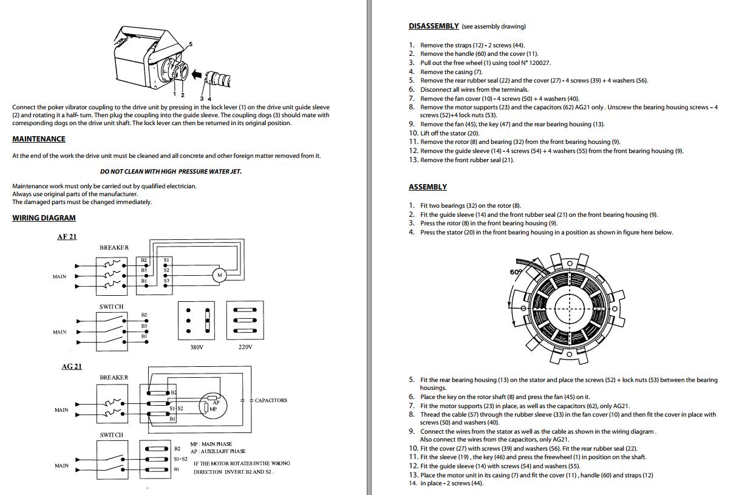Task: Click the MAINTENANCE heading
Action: click(x=39, y=139)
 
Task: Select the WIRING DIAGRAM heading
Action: click(x=44, y=218)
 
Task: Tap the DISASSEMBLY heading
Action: click(x=434, y=26)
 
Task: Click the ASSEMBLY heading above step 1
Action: click(x=427, y=187)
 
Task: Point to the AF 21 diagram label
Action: click(x=67, y=237)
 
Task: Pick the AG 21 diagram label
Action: click(x=72, y=367)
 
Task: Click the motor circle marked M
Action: click(x=219, y=275)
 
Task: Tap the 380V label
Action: click(x=197, y=347)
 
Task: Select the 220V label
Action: click(x=245, y=347)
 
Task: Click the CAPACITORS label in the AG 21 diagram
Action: click(x=271, y=400)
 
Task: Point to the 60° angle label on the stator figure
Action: click(x=516, y=271)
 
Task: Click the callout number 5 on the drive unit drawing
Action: click(x=191, y=44)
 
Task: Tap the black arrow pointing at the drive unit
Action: click(x=196, y=74)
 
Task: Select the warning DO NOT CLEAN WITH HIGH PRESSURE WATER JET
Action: click(x=171, y=171)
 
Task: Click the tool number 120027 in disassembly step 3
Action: click(x=539, y=63)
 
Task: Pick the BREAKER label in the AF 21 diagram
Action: click(x=114, y=248)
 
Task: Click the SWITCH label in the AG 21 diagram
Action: click(x=111, y=435)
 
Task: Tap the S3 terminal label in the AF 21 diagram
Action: click(x=166, y=281)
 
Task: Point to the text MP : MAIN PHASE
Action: click(x=211, y=444)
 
